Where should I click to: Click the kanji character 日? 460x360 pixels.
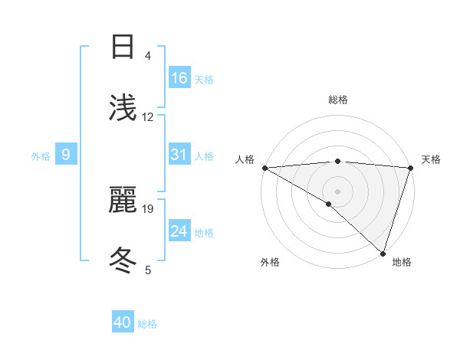[123, 47]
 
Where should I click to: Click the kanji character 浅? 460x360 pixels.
[123, 108]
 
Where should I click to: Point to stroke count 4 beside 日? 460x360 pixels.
[148, 56]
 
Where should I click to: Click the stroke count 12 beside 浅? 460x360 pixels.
[148, 117]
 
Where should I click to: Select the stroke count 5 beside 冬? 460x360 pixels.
[148, 270]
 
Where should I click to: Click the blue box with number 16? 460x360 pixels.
[179, 78]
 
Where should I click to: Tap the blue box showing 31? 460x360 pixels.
[179, 155]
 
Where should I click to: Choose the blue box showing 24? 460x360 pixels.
[179, 231]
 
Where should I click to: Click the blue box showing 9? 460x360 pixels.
[66, 155]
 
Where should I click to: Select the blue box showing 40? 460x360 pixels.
[123, 322]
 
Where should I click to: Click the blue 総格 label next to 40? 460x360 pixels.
[147, 324]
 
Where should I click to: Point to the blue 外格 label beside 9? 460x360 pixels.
[41, 156]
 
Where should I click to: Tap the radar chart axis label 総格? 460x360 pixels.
[338, 100]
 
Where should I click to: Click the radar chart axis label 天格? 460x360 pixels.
[432, 159]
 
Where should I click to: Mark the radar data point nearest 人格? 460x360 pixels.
[264, 168]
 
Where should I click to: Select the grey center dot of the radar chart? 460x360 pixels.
[337, 191]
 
